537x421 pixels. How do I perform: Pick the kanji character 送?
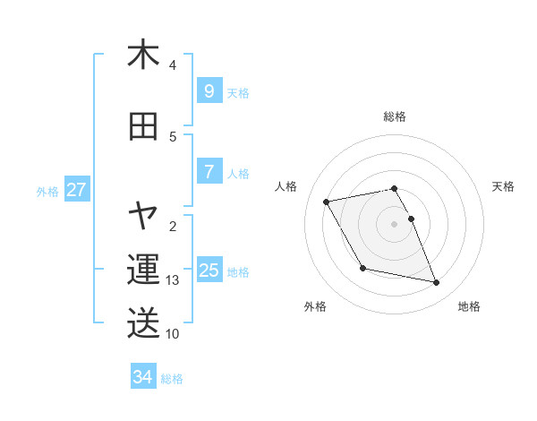[143, 322]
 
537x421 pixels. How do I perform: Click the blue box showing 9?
[209, 91]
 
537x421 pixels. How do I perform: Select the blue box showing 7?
[209, 172]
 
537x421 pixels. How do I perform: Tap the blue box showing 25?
[209, 271]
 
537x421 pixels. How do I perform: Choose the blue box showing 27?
[77, 190]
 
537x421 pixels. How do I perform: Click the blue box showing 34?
[143, 377]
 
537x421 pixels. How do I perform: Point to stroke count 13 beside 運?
[173, 280]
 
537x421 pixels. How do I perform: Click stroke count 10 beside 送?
[173, 334]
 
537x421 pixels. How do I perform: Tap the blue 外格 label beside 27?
[47, 191]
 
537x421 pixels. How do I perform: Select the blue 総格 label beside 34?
[172, 379]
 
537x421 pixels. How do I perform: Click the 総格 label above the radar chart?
[394, 116]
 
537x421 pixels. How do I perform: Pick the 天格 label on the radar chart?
[503, 186]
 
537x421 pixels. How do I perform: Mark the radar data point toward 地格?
[437, 283]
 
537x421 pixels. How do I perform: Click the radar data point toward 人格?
[326, 201]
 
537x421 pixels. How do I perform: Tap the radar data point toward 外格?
[362, 268]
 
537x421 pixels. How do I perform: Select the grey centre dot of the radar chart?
[394, 224]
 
